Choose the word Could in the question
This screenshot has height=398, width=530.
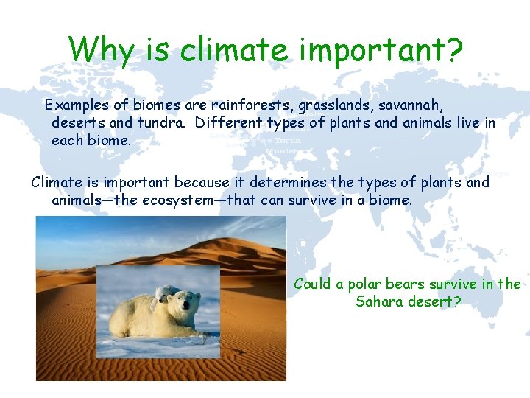pyautogui.click(x=312, y=284)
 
